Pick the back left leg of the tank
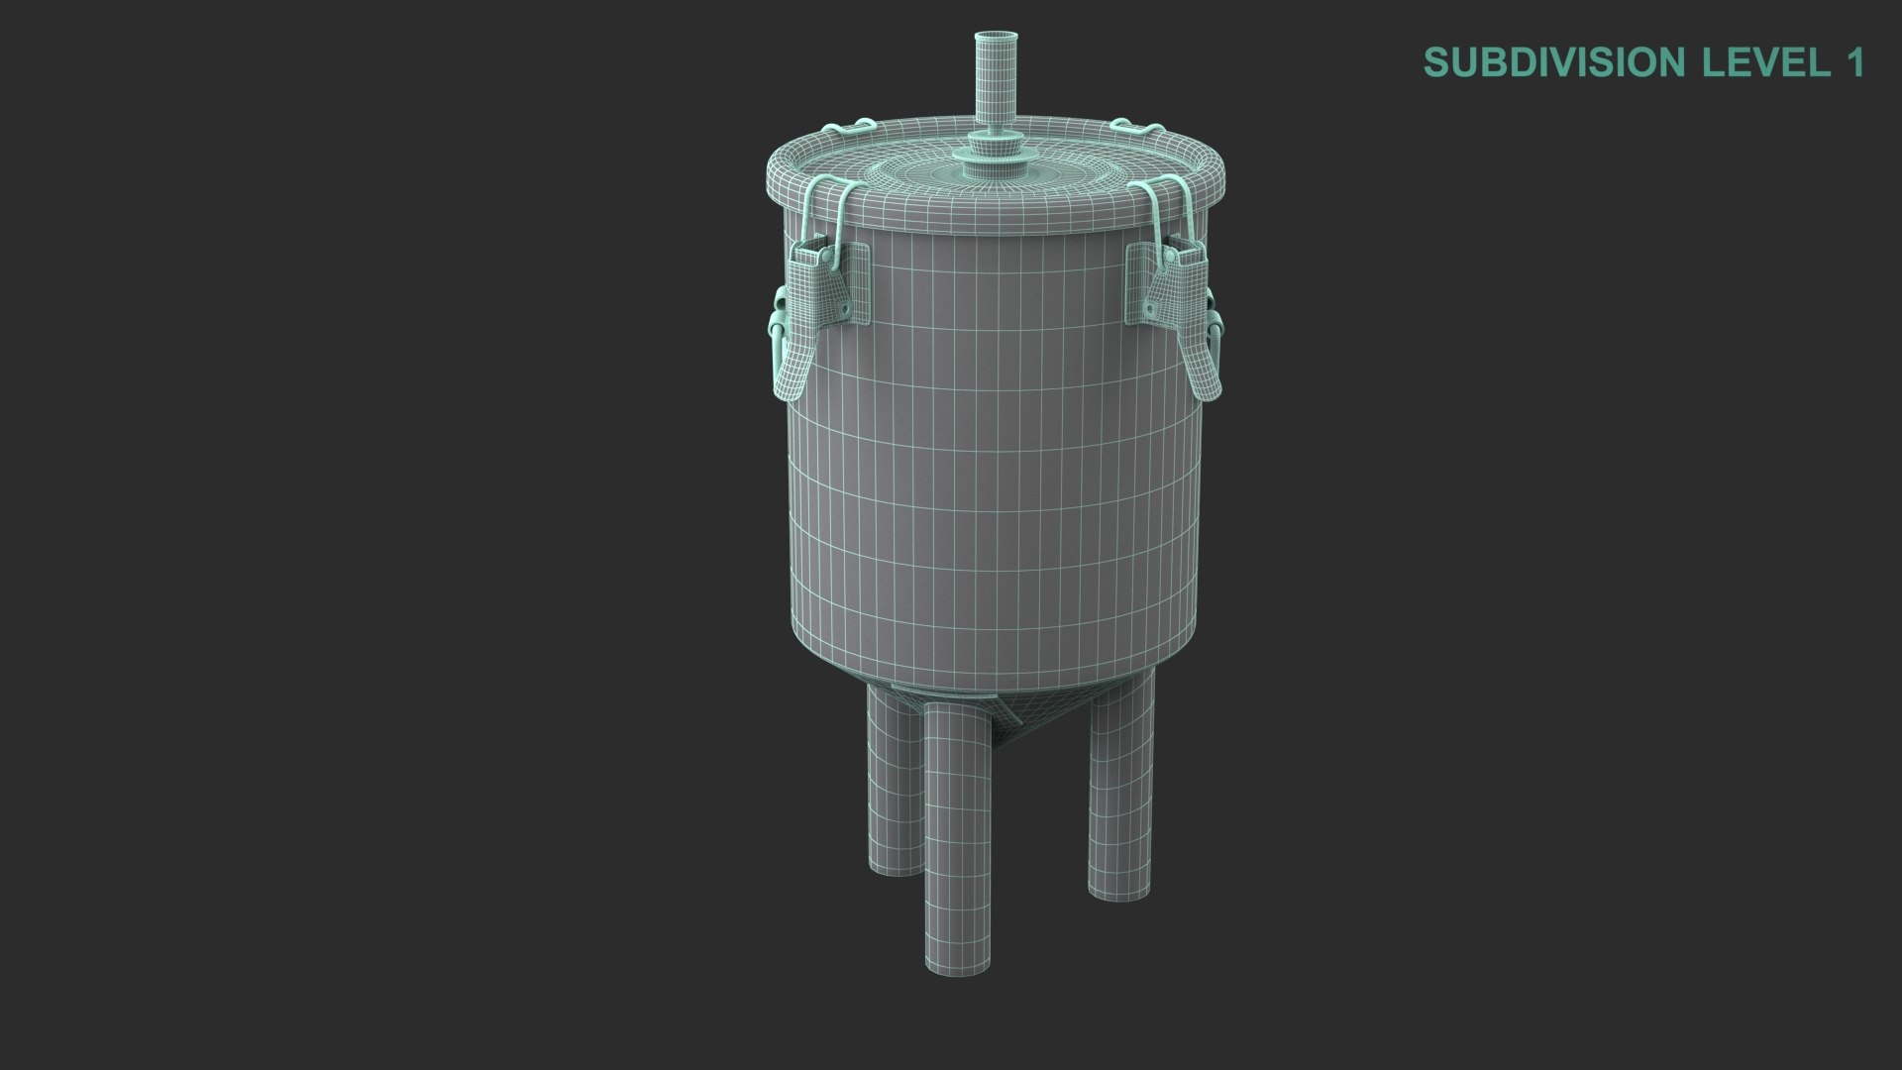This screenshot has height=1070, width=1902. (893, 783)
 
